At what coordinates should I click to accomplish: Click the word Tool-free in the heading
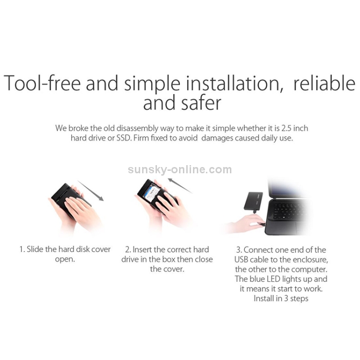(x=42, y=83)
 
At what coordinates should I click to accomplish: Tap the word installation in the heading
(x=234, y=83)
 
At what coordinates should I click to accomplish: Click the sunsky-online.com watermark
(x=180, y=169)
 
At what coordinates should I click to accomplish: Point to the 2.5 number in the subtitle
(x=286, y=128)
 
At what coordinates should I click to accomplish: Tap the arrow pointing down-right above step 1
(x=90, y=191)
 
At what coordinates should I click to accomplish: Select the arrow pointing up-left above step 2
(x=180, y=185)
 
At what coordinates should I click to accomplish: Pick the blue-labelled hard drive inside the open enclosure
(x=150, y=194)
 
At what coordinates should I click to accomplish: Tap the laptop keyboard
(x=289, y=211)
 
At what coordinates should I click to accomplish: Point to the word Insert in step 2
(x=143, y=249)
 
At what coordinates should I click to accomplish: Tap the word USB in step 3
(x=241, y=259)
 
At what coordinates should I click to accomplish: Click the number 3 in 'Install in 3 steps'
(x=286, y=298)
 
